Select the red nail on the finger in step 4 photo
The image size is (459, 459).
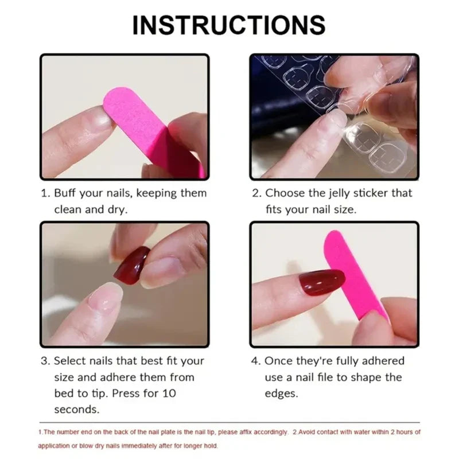(321, 280)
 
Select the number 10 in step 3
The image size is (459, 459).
(169, 394)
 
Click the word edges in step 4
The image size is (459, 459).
(281, 394)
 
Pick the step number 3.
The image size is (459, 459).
(44, 361)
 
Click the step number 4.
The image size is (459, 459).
(255, 361)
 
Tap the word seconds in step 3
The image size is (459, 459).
(76, 410)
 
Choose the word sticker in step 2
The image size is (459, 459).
(367, 193)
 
